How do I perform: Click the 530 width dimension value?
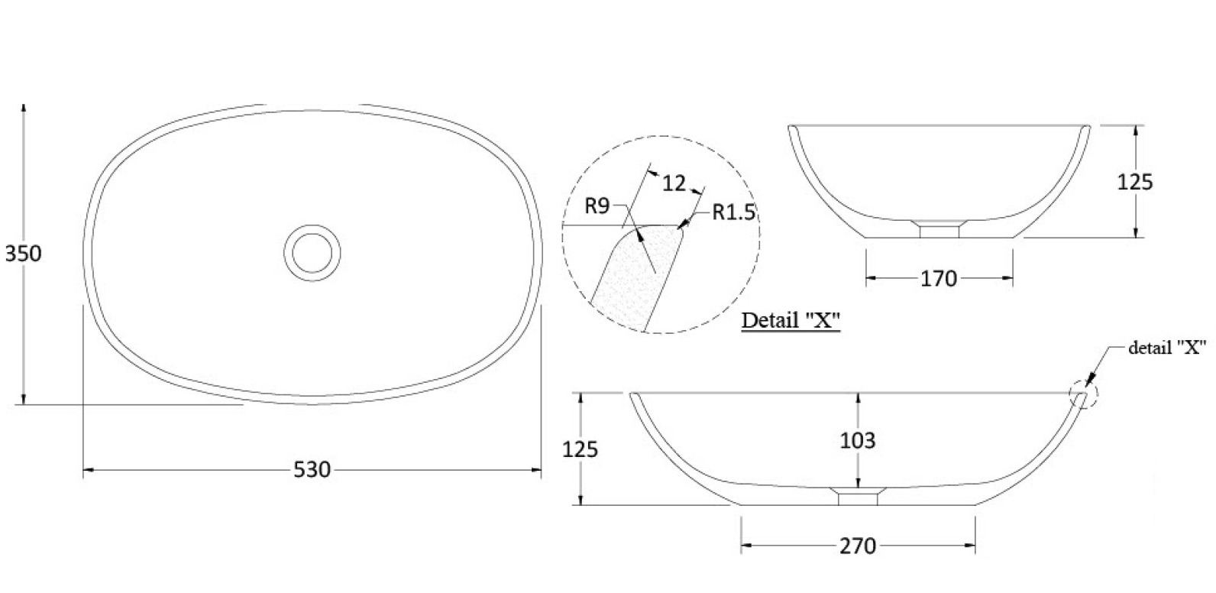point(312,469)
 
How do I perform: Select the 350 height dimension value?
point(23,253)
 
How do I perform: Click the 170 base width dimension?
point(939,279)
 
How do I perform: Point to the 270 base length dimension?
point(858,546)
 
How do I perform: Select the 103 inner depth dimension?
point(858,441)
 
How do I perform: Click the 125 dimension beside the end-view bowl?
point(1134,182)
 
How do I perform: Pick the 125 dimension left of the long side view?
point(580,449)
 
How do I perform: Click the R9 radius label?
point(597,206)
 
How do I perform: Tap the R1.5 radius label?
point(733,212)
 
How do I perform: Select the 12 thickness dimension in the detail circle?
point(674,183)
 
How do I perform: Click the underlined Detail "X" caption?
point(791,319)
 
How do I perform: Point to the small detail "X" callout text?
point(1167,348)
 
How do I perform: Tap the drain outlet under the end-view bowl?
point(939,230)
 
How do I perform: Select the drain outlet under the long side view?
point(859,497)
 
